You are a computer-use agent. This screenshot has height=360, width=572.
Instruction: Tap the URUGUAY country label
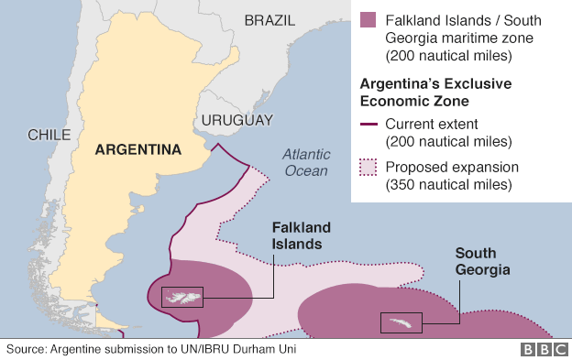pos(237,120)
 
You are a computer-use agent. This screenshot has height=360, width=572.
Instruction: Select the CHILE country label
pos(49,135)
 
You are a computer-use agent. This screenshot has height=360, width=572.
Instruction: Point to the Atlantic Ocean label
pos(306,162)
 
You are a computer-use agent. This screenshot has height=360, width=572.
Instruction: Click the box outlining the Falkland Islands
pos(181,297)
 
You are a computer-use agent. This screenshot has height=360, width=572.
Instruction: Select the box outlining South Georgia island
pos(401,322)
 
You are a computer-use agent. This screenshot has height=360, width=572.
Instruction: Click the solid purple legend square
pos(368,20)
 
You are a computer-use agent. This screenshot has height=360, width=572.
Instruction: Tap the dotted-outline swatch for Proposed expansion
pos(368,168)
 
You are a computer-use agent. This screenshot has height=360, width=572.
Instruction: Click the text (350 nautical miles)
pos(448,185)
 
